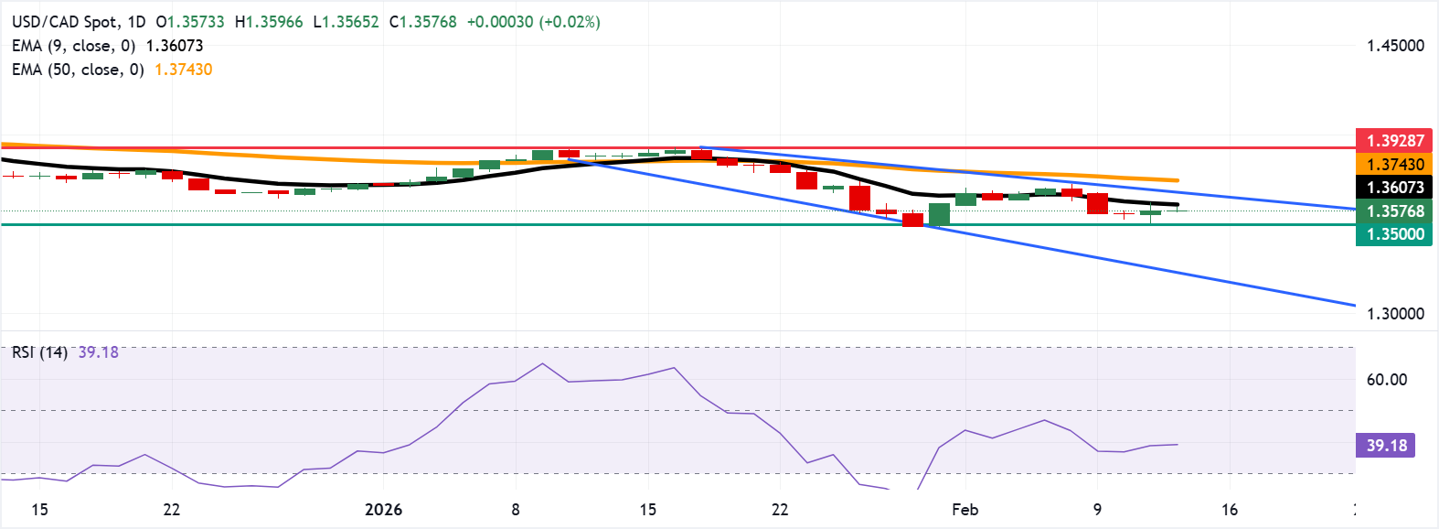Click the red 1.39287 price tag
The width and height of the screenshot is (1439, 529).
point(1394,141)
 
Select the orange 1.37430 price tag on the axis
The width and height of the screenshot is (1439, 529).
point(1394,165)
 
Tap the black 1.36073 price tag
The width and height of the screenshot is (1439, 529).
point(1394,188)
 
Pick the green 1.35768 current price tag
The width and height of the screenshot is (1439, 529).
point(1394,211)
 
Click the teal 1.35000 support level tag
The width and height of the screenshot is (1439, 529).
point(1394,234)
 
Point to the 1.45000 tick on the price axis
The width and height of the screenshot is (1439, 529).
point(1395,46)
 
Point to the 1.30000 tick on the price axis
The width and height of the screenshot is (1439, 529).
point(1395,314)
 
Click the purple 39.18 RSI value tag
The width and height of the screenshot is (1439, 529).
point(1386,446)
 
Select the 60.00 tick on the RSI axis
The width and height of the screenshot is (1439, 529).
point(1386,380)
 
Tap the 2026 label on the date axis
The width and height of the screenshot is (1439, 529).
point(383,510)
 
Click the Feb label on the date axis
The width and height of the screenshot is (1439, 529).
point(965,510)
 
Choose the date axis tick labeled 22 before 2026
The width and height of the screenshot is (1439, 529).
point(171,510)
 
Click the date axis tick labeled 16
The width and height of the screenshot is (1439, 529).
point(1230,510)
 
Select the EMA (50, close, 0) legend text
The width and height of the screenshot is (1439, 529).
point(78,70)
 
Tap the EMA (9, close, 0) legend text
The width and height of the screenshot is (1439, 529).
point(73,46)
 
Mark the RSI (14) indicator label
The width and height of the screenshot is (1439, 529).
point(39,352)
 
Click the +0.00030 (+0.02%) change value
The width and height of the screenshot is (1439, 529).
point(533,22)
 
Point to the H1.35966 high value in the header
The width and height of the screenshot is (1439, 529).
point(269,22)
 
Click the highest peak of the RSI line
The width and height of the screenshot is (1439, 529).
point(542,363)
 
